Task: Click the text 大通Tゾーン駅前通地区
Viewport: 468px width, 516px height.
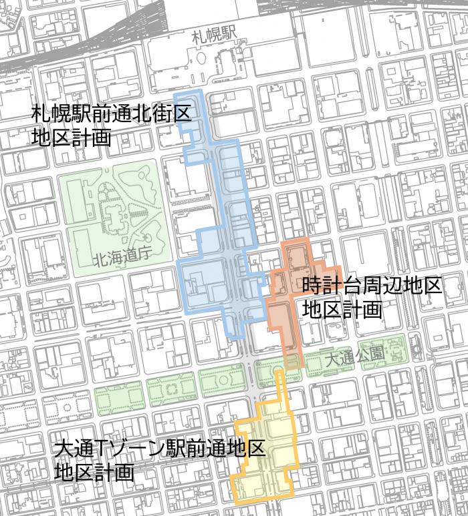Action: (x=160, y=447)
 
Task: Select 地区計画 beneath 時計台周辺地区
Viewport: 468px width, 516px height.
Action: (x=342, y=310)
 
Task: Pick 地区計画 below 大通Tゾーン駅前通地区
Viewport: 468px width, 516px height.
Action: (x=94, y=473)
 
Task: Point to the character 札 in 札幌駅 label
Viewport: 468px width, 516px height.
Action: (x=197, y=37)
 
